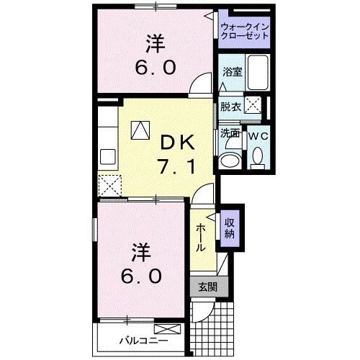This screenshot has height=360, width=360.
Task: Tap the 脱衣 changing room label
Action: point(230,107)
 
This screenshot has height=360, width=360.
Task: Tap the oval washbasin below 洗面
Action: point(230,160)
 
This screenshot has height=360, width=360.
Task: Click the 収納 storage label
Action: point(230,228)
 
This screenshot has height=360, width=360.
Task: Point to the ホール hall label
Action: point(202,235)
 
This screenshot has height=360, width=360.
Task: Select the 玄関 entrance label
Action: point(207,286)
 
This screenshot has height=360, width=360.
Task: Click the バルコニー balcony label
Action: point(133,341)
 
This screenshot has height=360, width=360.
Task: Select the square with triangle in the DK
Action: point(139,130)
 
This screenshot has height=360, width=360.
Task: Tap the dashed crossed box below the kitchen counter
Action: point(112,185)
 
